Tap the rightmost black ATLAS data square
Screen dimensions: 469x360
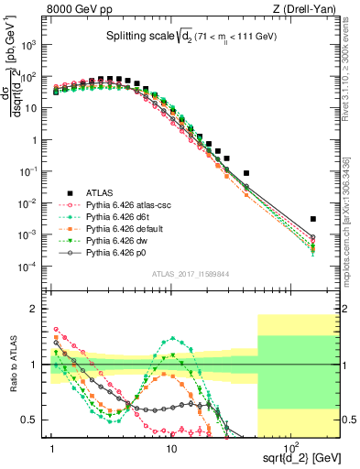point(313,219)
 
